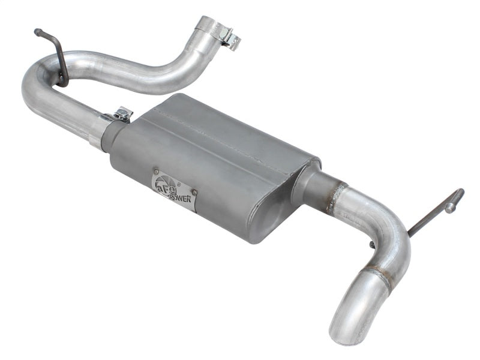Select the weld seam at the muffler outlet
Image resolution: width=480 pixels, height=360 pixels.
334,195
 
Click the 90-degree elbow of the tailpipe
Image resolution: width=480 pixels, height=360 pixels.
393,240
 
